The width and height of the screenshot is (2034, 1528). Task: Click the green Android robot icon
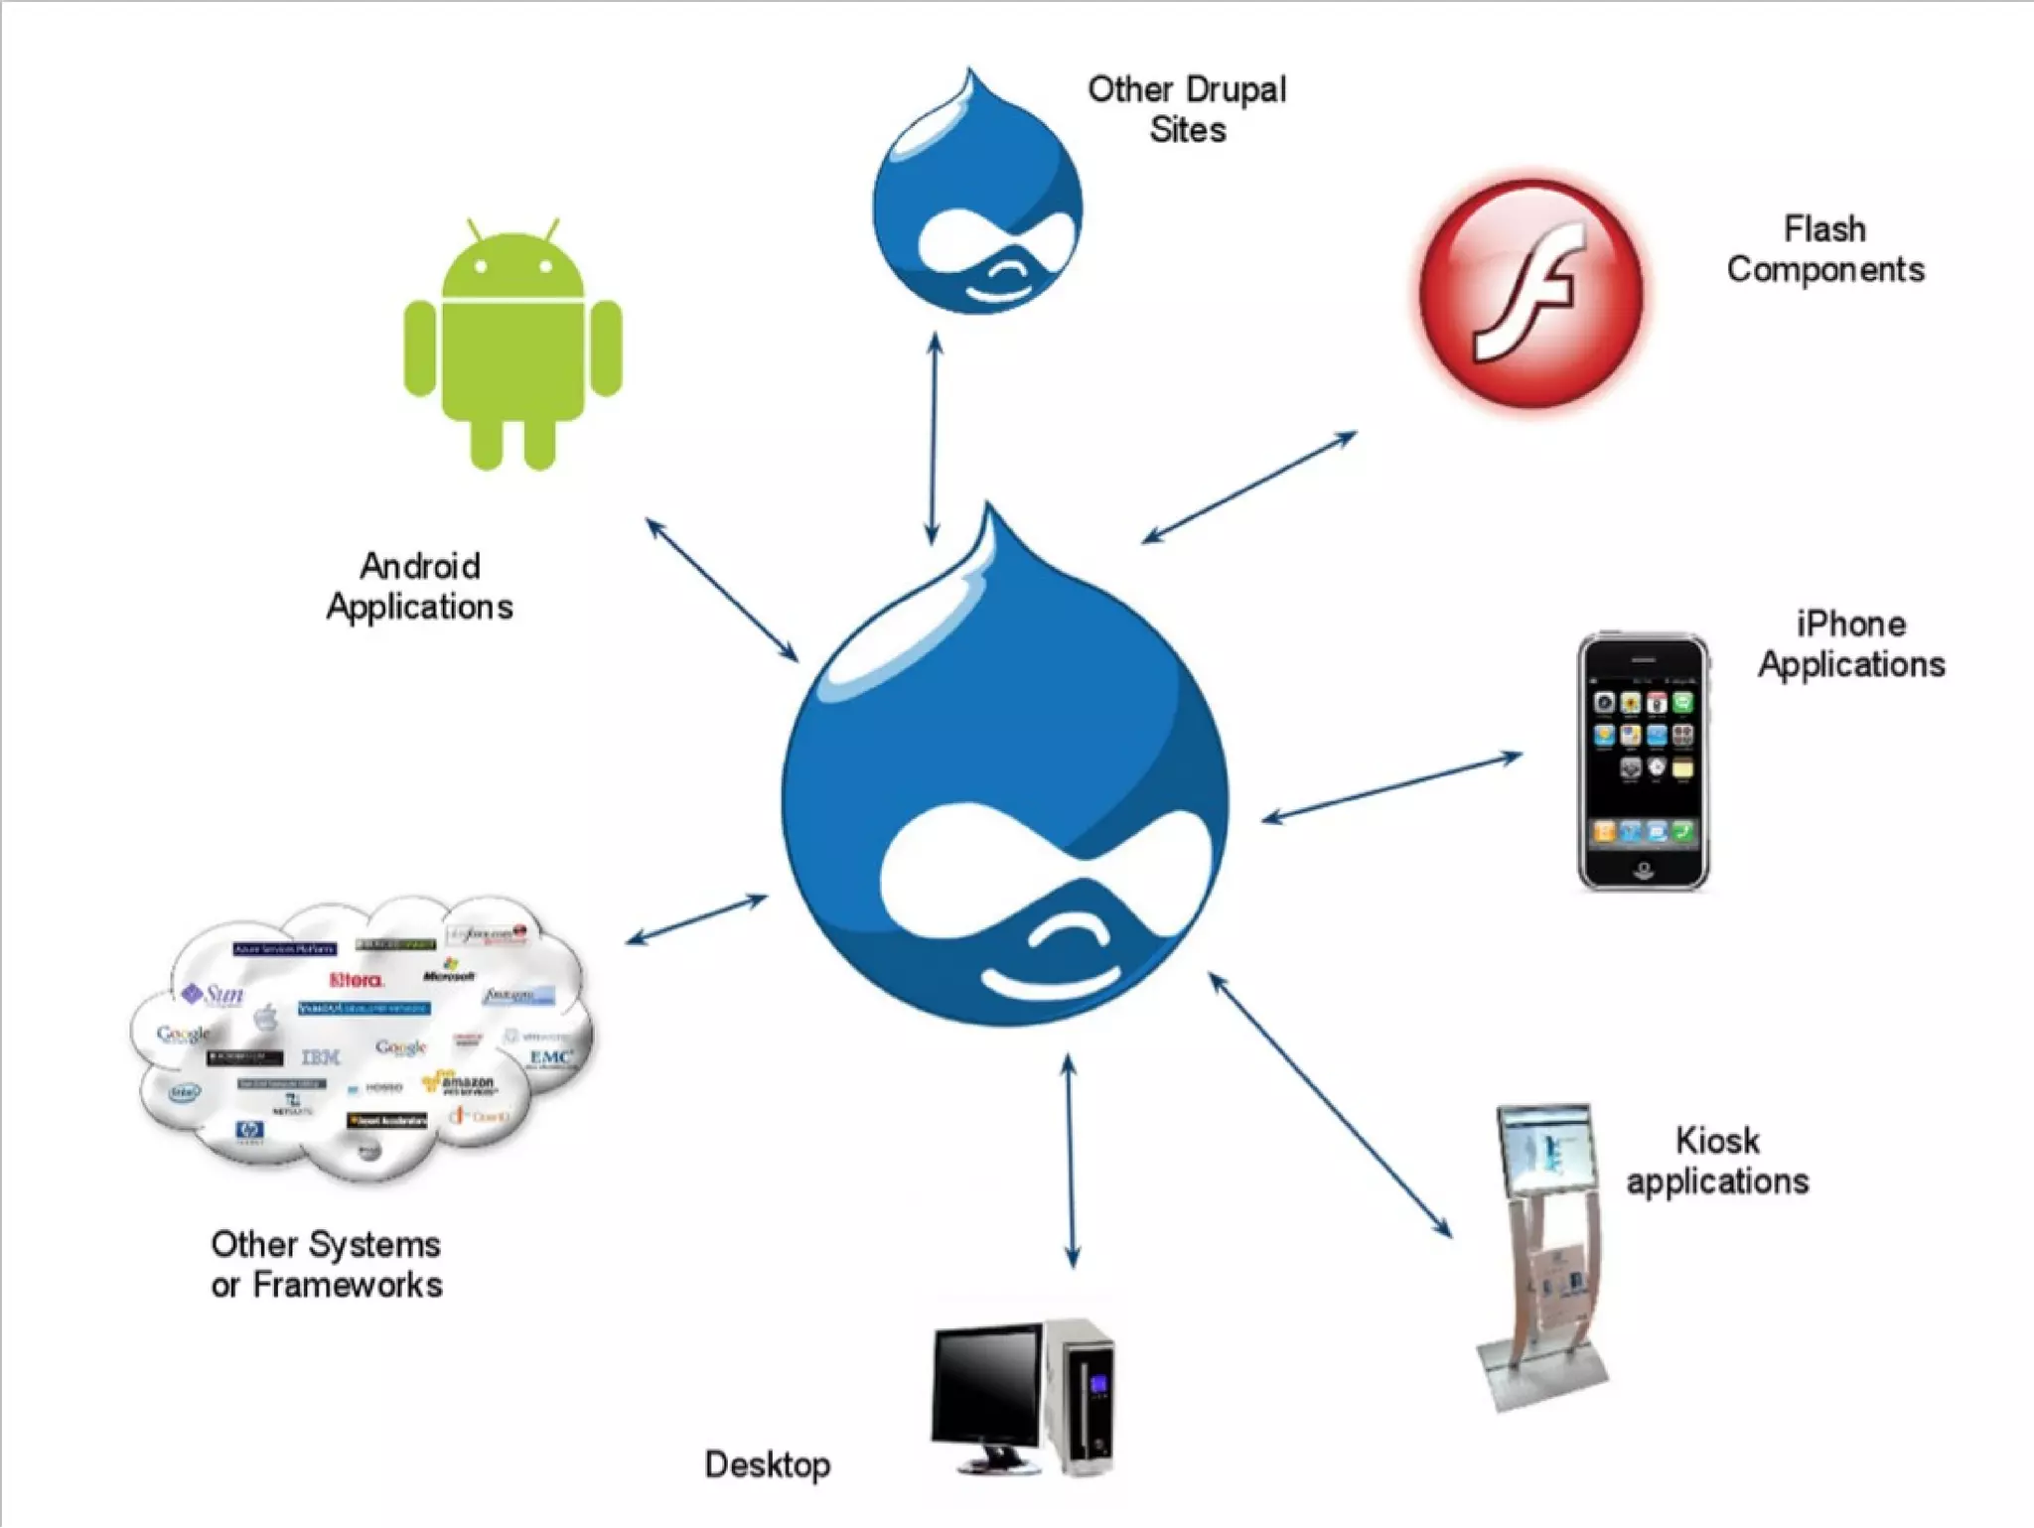512,343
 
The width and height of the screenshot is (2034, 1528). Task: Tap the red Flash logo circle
1530,293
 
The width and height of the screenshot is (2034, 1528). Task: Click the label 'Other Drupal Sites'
1187,109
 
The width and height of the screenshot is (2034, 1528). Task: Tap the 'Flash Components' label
1825,249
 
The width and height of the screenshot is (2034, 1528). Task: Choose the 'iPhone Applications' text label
1851,644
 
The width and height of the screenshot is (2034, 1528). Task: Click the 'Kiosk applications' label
1717,1161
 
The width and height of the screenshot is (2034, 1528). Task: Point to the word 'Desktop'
768,1464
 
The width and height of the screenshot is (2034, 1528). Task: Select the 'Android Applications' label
420,587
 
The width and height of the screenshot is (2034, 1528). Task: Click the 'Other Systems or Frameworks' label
327,1264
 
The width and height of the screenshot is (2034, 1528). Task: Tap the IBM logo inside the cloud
320,1057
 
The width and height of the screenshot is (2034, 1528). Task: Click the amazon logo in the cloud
463,1083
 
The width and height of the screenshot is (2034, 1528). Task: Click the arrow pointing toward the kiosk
1331,1105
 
